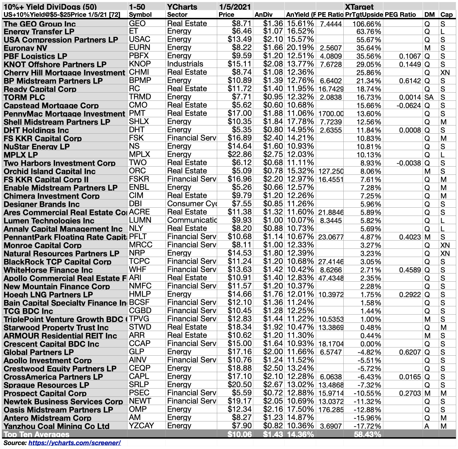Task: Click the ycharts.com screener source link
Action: [74, 443]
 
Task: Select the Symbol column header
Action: [140, 15]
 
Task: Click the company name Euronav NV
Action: [25, 48]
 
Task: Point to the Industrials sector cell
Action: [185, 64]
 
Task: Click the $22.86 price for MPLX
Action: [240, 154]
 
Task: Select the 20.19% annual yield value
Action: [300, 48]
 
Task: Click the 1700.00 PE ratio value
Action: [331, 114]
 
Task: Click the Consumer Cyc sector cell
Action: [192, 204]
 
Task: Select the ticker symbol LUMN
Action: [140, 220]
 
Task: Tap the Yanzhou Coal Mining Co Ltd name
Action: [56, 426]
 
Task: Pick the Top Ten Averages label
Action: [36, 434]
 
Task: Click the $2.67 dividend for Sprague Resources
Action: [273, 385]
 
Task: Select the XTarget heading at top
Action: [359, 7]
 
